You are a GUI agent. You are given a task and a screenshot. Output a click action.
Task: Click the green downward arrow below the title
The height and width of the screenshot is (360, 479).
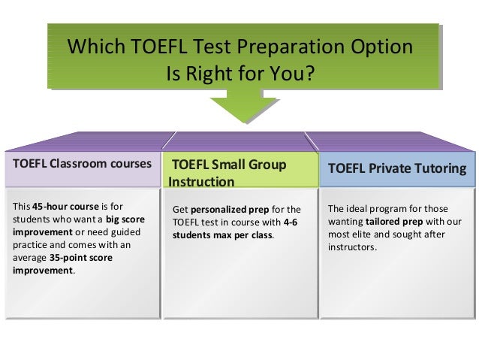tap(239, 106)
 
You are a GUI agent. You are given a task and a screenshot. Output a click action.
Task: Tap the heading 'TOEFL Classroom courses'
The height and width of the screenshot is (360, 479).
tap(80, 163)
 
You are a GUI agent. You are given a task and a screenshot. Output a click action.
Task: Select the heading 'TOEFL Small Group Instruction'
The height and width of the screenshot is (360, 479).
tap(228, 173)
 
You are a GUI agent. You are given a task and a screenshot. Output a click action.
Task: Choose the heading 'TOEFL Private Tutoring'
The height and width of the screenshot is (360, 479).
tap(397, 169)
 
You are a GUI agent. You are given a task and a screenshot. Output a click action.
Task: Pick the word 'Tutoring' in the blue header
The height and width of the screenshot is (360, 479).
tap(442, 169)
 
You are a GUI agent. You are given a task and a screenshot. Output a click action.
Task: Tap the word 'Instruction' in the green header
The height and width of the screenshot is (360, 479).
tap(202, 182)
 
